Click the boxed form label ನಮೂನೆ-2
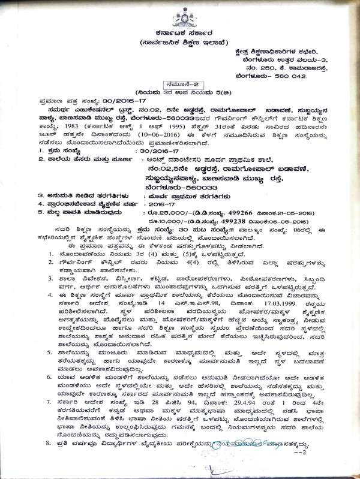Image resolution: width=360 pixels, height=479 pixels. (x=181, y=86)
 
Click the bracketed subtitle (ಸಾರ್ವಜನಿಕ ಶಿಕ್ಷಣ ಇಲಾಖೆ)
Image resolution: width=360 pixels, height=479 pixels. (x=181, y=44)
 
